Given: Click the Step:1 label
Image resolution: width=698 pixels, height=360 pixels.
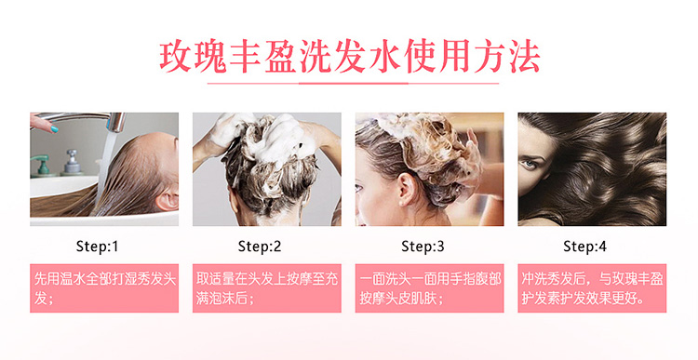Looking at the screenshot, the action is pos(97,247).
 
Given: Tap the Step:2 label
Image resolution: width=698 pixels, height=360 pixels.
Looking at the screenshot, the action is pos(260,247).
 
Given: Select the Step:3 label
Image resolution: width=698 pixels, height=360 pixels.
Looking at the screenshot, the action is pos(423,247).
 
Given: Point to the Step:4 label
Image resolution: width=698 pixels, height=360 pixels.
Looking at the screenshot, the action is pos(585,247).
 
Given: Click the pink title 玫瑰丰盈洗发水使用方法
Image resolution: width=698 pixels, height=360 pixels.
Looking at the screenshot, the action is pos(350,58).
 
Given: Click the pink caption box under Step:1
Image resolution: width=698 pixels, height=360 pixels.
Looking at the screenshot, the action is pos(104,288).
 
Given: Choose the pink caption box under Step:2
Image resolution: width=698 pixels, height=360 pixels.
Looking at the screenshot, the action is pos(267,288).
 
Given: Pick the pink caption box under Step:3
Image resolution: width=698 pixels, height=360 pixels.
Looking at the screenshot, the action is pos(430,288).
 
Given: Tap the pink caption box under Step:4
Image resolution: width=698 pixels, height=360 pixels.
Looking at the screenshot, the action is pos(592,288).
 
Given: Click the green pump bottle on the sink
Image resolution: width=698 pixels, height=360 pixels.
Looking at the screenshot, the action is pos(42,166).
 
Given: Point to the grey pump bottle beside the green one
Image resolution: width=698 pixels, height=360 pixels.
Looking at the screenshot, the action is pos(72,163).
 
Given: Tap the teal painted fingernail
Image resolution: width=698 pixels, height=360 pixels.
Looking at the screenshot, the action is pos(54,129).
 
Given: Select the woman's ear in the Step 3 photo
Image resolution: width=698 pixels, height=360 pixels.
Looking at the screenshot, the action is pos(406,188).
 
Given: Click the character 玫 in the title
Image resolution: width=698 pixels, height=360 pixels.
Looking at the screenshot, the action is pos(175,58).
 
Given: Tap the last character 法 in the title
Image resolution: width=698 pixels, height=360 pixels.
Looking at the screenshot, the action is pos(525,58).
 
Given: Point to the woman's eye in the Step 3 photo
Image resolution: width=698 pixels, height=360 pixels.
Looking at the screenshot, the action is pos(359,188).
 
